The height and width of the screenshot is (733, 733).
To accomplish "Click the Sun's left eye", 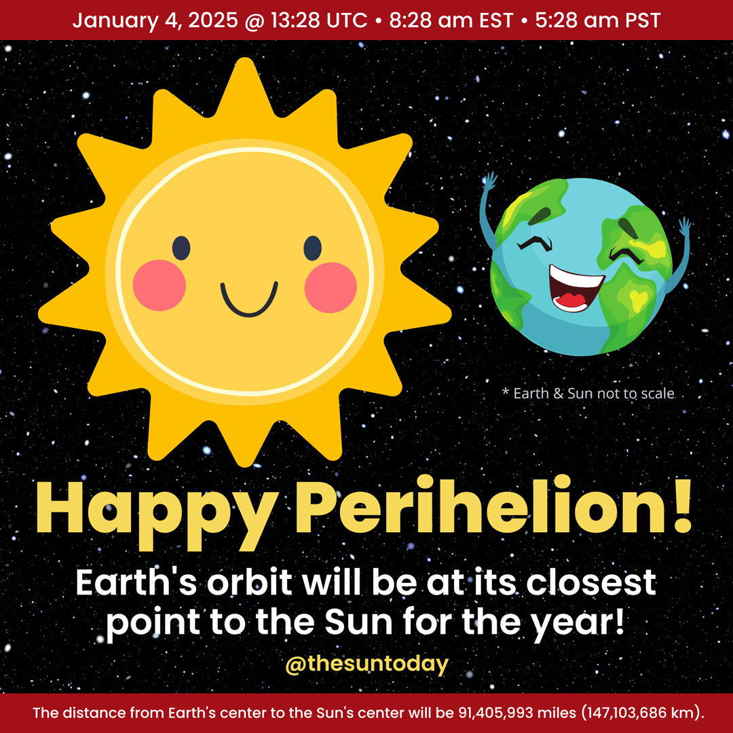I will click(x=181, y=248).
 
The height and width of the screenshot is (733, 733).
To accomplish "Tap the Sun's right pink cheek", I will click(x=331, y=287).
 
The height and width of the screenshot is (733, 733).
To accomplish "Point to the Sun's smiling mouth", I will click(x=248, y=300).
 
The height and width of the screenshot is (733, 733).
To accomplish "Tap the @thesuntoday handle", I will click(x=367, y=664).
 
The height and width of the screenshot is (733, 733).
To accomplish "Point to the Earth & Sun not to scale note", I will click(x=588, y=393).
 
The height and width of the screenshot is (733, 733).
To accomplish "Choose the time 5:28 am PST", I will click(x=597, y=20).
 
